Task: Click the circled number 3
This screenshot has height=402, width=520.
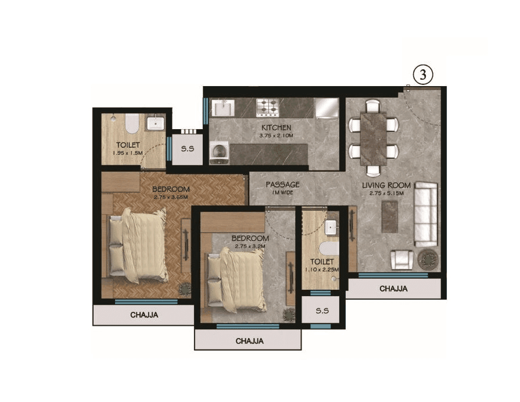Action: [x=423, y=76]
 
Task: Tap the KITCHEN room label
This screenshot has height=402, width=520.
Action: [x=276, y=127]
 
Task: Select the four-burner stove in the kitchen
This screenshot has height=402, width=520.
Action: [x=268, y=106]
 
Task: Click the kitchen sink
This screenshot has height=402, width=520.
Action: [x=223, y=108]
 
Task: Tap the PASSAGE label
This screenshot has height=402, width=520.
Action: [x=282, y=184]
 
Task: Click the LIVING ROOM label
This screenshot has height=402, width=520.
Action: [x=386, y=186]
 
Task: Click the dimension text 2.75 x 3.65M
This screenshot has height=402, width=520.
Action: [x=171, y=197]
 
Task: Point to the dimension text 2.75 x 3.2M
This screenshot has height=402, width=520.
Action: [x=250, y=246]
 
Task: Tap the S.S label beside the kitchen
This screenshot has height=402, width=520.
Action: [x=187, y=148]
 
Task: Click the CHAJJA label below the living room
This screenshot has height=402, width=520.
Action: [x=393, y=288]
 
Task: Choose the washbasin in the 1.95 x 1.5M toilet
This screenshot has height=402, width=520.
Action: [x=155, y=124]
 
